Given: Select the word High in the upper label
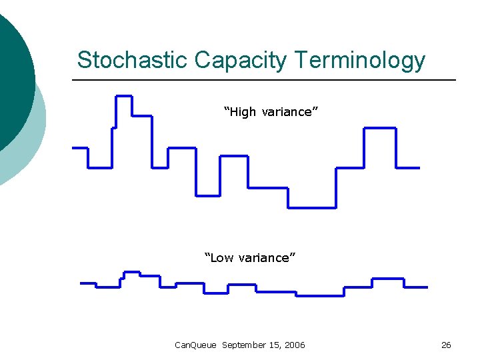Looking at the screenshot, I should pyautogui.click(x=243, y=112).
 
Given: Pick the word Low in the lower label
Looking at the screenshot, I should pyautogui.click(x=220, y=258).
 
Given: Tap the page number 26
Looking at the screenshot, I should pyautogui.click(x=446, y=345).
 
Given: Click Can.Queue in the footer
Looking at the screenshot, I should pyautogui.click(x=195, y=345).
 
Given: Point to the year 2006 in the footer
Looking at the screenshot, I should pyautogui.click(x=293, y=345).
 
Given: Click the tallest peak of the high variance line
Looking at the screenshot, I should pyautogui.click(x=124, y=97).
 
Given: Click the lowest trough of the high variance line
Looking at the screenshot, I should pyautogui.click(x=312, y=207).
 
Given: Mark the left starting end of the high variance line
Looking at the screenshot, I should pyautogui.click(x=73, y=147).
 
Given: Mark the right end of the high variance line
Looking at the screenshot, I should pyautogui.click(x=418, y=167).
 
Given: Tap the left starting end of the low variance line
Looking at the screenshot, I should pyautogui.click(x=81, y=283).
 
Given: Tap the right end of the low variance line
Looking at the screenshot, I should pyautogui.click(x=426, y=287).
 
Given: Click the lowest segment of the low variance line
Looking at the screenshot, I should pyautogui.click(x=320, y=295).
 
